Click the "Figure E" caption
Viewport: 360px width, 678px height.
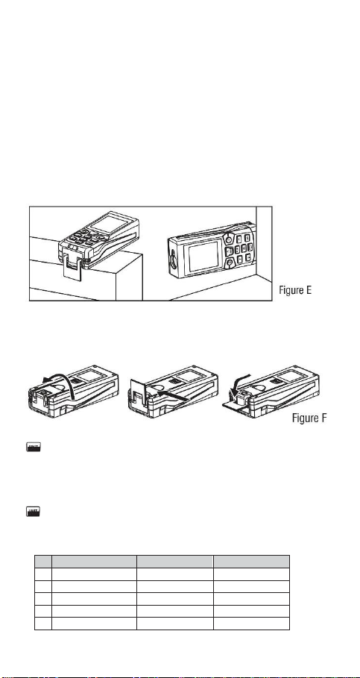pos(294,290)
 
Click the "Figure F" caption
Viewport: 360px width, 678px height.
pos(309,418)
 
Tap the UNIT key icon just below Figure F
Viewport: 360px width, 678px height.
pos(34,447)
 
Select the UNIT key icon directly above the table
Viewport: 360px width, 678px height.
pos(33,512)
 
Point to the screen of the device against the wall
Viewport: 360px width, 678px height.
pos(204,257)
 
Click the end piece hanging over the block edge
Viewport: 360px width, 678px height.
pos(72,271)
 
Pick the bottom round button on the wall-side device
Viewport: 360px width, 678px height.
pos(227,262)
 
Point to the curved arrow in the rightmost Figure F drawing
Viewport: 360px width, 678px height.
pos(239,380)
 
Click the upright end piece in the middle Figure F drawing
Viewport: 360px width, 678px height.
pos(139,395)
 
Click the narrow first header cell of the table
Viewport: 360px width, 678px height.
pos(43,561)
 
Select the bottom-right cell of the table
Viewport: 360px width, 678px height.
pos(251,623)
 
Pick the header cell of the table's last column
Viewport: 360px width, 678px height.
pos(251,561)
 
